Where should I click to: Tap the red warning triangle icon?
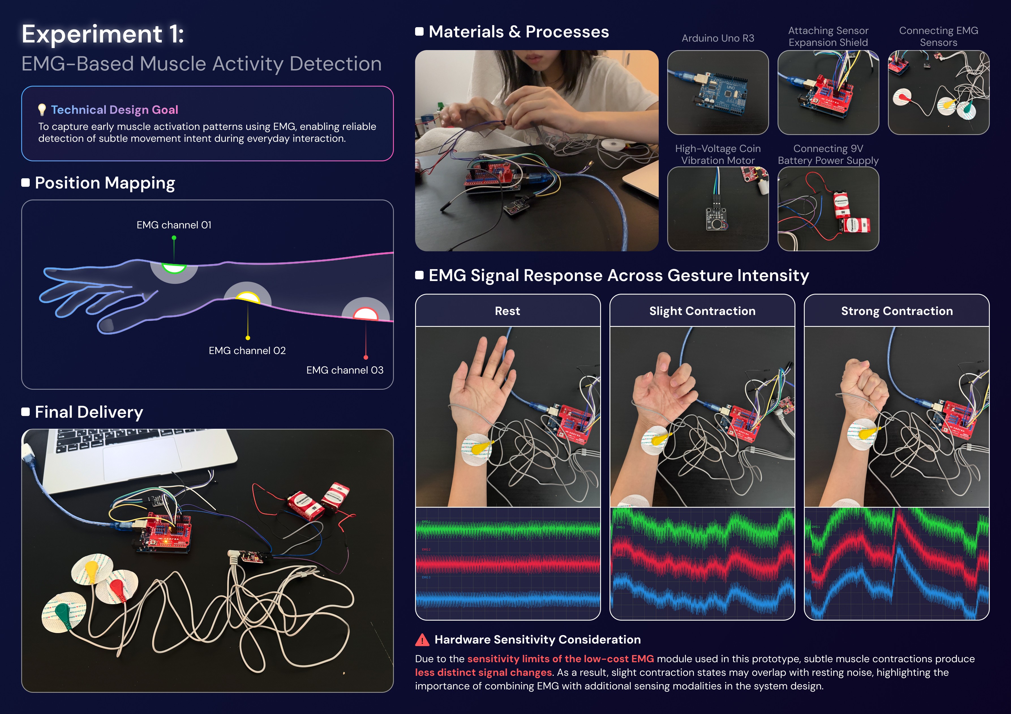422,640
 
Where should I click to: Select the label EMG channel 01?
174,225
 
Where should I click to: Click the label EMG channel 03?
345,370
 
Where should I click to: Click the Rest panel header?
507,311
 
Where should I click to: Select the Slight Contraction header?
702,311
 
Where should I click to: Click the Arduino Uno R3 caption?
718,38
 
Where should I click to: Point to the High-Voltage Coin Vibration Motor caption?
718,155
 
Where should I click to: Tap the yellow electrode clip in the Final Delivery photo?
92,569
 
